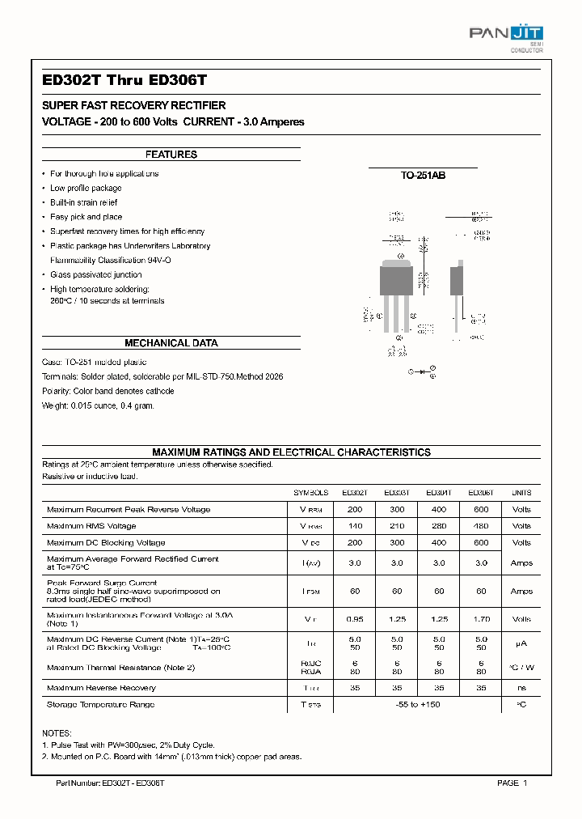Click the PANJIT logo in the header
click(506, 35)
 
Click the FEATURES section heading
click(171, 155)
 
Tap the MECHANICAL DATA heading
click(171, 343)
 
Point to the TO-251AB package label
click(423, 175)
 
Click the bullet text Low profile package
click(86, 189)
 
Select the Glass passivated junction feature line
click(95, 275)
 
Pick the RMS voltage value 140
click(354, 526)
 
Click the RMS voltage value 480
click(481, 526)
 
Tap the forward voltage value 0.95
click(354, 619)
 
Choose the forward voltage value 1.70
click(481, 619)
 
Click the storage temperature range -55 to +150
click(417, 705)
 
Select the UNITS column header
click(521, 493)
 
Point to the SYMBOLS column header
click(311, 493)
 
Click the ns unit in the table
click(521, 688)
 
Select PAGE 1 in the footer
click(512, 783)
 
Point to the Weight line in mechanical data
click(97, 405)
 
